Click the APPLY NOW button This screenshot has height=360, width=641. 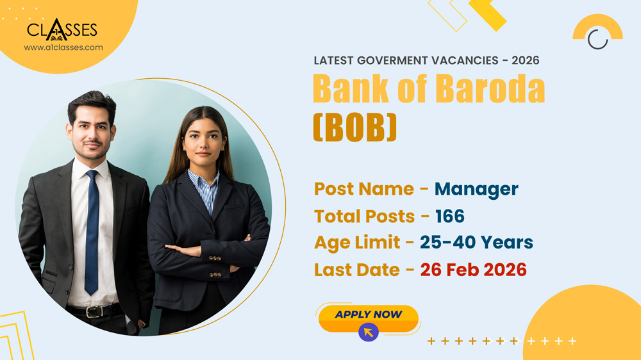[368, 315]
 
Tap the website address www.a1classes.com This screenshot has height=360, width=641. [63, 47]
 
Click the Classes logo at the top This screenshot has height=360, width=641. [62, 29]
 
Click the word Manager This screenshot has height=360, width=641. [476, 189]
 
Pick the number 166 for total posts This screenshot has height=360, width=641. [450, 217]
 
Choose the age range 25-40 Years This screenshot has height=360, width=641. [476, 243]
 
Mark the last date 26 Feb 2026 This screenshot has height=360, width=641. [473, 270]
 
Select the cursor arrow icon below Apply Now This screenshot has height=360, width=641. [368, 332]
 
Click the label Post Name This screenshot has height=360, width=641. [363, 189]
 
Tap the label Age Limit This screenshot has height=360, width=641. [358, 243]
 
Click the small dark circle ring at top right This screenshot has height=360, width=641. [597, 39]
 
